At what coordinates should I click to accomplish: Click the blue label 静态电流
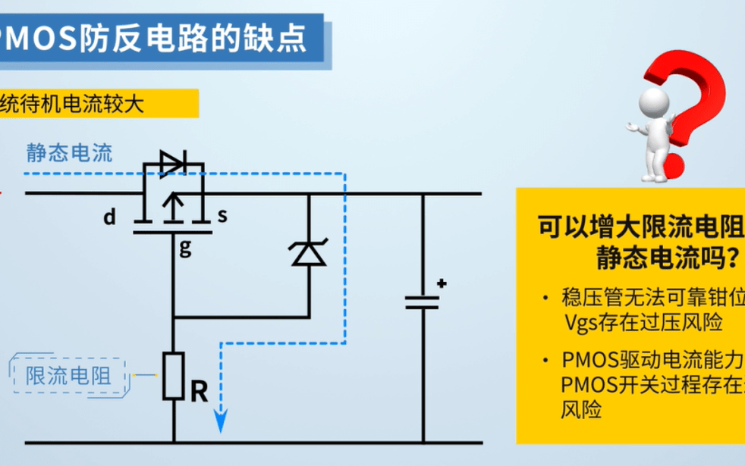click(x=69, y=153)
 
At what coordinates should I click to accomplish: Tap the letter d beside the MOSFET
click(x=110, y=218)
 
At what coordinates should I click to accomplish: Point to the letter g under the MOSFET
click(x=184, y=247)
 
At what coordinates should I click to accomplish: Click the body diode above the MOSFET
click(x=172, y=161)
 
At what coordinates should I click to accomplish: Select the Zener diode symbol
click(x=309, y=252)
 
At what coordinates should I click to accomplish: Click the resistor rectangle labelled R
click(x=174, y=375)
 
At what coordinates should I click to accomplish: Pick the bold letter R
click(x=199, y=392)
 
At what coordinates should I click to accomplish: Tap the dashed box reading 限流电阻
click(x=69, y=375)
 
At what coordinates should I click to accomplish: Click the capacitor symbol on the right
click(x=422, y=303)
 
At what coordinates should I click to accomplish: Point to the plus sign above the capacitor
click(x=441, y=284)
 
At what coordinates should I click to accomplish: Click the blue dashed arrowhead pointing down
click(x=221, y=422)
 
